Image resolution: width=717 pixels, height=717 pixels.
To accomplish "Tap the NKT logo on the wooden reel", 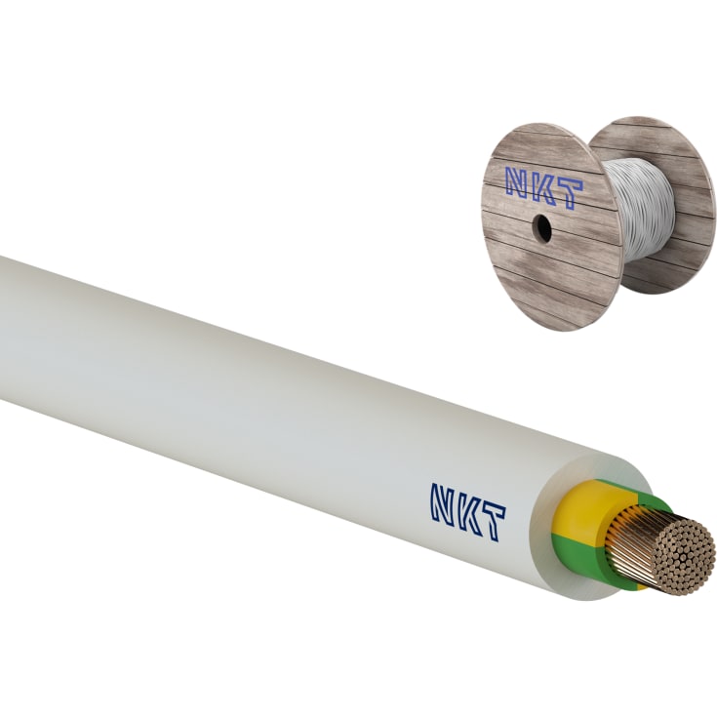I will [x=543, y=182].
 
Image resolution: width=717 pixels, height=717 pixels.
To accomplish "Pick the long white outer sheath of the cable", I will [x=244, y=410].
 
